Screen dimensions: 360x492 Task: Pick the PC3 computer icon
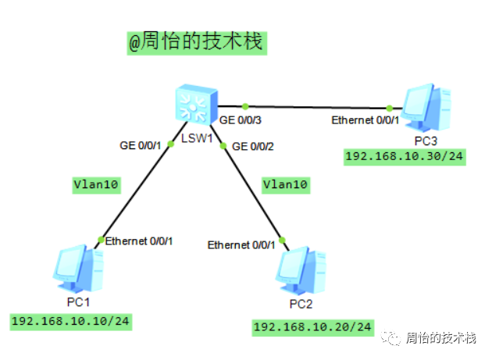coord(426,109)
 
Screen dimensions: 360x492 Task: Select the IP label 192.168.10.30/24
coord(405,156)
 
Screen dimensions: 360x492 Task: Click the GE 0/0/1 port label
coord(140,145)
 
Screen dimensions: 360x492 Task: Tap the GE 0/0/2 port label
coord(254,146)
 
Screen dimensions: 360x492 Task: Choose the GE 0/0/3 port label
coord(241,120)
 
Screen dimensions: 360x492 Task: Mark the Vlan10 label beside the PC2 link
coord(285,185)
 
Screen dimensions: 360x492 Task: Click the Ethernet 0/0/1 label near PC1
coord(139,241)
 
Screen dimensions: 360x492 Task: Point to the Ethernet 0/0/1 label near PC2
coord(241,245)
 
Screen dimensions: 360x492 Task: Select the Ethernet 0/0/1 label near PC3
coord(365,120)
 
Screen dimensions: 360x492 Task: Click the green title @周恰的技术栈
coord(197,42)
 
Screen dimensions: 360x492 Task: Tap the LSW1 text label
coord(196,138)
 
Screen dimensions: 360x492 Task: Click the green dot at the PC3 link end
coord(389,108)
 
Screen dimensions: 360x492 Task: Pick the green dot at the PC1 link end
coord(101,239)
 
